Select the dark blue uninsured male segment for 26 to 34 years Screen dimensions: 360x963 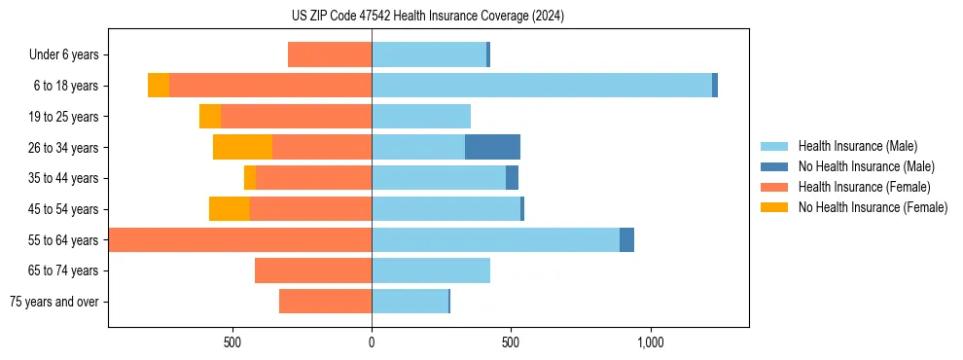pos(492,147)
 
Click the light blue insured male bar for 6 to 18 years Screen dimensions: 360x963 pos(541,86)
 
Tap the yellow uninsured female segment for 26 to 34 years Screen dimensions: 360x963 pos(242,147)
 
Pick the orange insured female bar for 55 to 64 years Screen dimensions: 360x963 pos(240,239)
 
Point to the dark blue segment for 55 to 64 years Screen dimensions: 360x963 pos(626,239)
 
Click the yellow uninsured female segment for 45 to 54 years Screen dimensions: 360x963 pos(230,209)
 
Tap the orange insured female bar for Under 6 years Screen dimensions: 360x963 pos(330,54)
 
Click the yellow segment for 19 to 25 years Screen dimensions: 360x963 pos(210,117)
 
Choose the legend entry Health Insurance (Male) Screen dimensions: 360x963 pos(857,146)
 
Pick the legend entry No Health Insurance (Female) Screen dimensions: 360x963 pos(873,207)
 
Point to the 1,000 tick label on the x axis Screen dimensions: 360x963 pos(650,342)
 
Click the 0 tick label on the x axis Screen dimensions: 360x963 pos(372,342)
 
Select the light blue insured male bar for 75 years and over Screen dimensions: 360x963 pos(410,302)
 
